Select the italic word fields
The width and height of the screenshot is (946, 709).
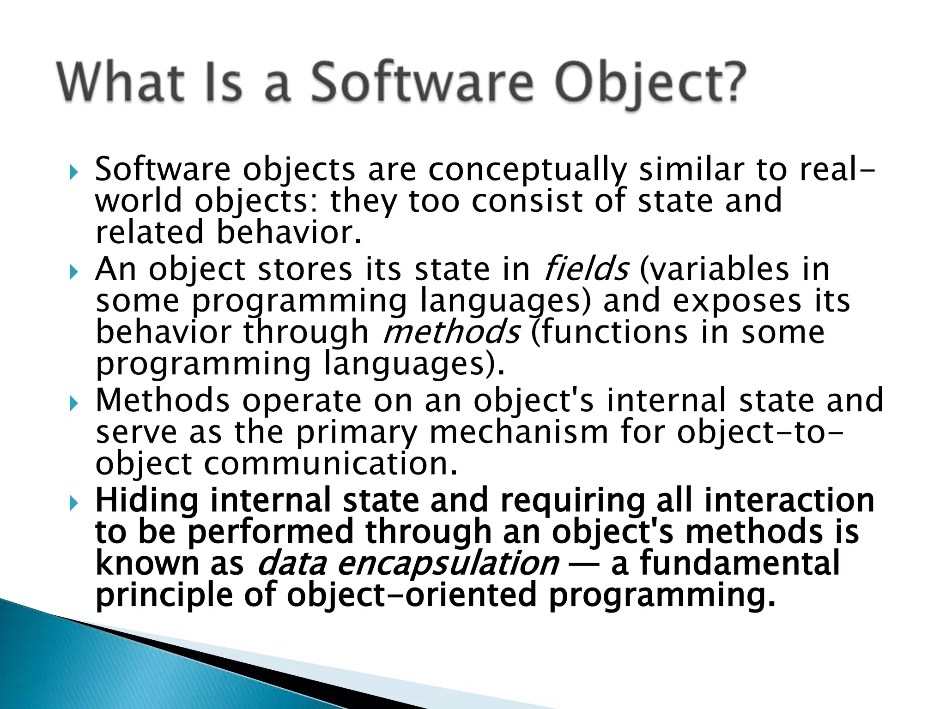586,269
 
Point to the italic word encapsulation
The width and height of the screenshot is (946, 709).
448,564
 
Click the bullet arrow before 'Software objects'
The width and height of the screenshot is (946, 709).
74,173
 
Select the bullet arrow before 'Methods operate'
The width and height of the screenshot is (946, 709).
74,404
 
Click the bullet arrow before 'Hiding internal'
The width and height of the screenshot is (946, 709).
74,504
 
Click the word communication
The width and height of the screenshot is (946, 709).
330,464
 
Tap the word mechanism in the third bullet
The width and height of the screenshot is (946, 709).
518,433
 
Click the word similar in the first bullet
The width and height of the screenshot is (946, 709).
691,170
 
